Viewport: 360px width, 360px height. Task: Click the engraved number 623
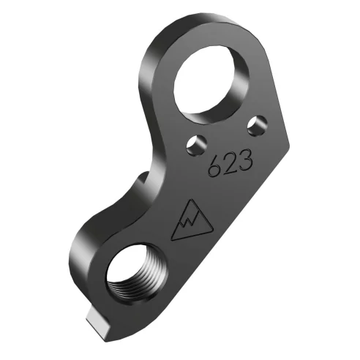coord(230,163)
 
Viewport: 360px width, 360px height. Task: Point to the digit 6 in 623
coord(215,169)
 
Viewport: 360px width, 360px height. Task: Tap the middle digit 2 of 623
coord(230,163)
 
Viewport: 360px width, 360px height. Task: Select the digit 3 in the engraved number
coord(244,157)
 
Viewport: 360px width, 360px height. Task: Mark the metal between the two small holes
coord(225,135)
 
